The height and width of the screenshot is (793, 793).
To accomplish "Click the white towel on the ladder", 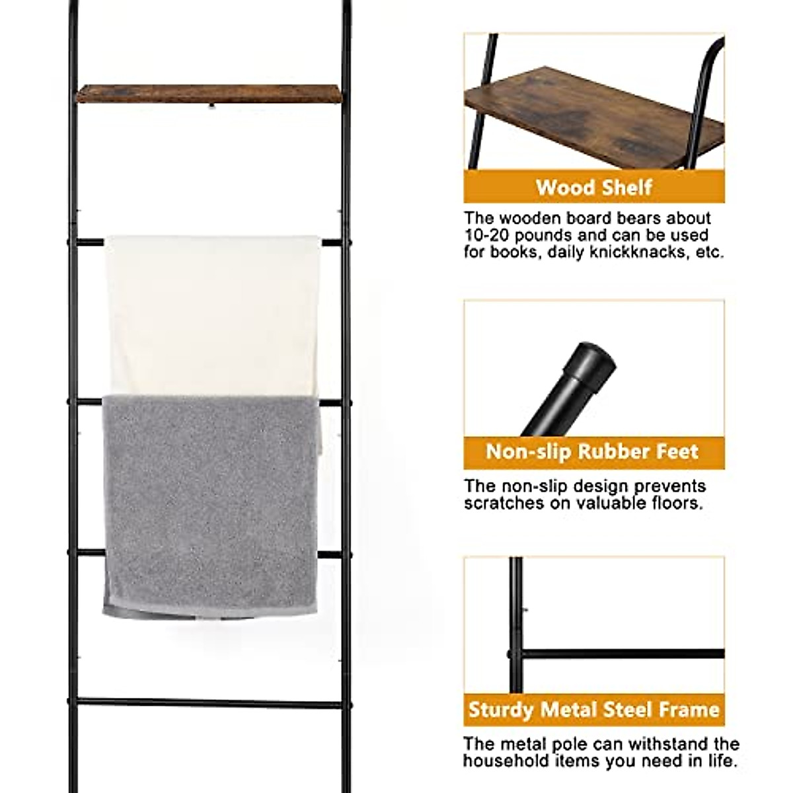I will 211,311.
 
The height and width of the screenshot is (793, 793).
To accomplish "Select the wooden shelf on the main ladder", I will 209,93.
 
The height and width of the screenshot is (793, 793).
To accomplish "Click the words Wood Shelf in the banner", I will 594,187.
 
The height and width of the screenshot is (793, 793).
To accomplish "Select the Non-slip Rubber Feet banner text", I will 592,452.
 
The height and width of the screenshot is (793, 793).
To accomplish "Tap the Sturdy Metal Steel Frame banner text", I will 593,710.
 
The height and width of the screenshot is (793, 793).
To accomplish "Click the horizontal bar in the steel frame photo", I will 621,654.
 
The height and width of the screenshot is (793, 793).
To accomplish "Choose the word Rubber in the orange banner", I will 611,452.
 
